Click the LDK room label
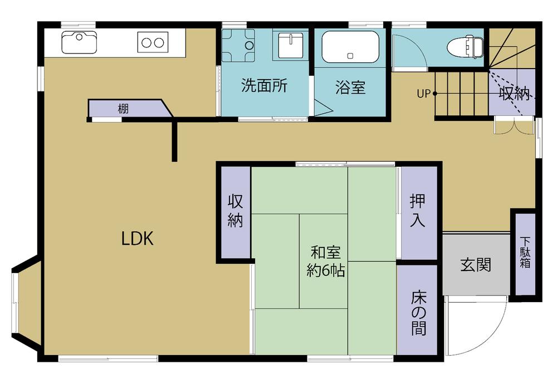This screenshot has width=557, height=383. (x=137, y=239)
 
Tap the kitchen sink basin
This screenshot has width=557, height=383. (x=79, y=42)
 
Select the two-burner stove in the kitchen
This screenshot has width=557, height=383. (x=153, y=42)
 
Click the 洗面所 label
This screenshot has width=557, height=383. (x=264, y=85)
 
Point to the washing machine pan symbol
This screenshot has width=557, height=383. (x=238, y=46)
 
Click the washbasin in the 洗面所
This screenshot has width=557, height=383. (x=291, y=45)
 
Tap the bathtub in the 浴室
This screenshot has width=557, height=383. (x=350, y=47)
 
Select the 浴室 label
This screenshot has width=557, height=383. (x=350, y=87)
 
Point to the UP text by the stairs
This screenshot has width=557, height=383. (x=423, y=94)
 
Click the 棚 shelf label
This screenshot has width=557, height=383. (x=123, y=109)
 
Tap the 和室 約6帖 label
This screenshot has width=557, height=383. (x=325, y=261)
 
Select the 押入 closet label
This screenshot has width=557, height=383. (x=417, y=211)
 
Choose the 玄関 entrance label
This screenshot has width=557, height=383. (x=476, y=265)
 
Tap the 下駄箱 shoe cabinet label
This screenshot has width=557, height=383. (x=525, y=253)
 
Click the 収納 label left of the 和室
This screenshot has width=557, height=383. (x=235, y=211)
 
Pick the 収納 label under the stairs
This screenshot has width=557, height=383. (x=514, y=94)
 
